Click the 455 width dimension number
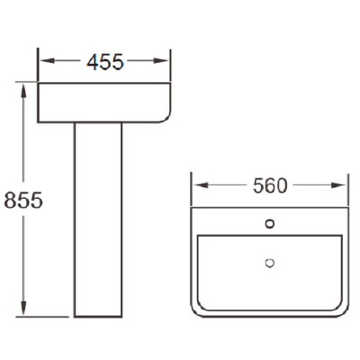(105, 62)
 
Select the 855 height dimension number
(23, 201)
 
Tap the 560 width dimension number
(270, 185)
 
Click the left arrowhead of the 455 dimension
(48, 61)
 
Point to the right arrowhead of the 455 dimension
(161, 61)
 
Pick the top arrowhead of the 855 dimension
(23, 91)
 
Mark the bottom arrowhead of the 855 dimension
(23, 308)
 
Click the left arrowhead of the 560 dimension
(201, 185)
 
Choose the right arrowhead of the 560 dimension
(338, 185)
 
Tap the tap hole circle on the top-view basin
(270, 223)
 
